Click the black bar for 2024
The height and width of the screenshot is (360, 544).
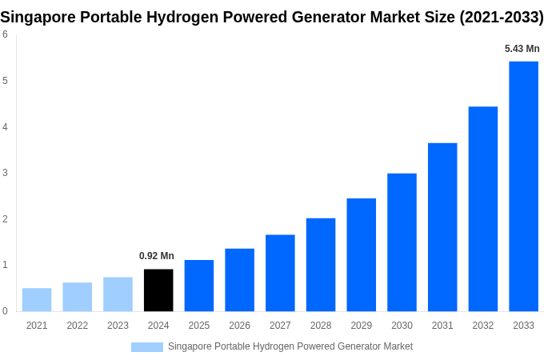pyautogui.click(x=158, y=290)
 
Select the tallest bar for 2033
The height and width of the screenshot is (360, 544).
pyautogui.click(x=523, y=186)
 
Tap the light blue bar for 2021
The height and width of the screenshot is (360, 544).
pyautogui.click(x=37, y=300)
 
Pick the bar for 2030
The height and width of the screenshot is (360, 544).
pyautogui.click(x=402, y=242)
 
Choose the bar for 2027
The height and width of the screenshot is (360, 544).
pyautogui.click(x=280, y=273)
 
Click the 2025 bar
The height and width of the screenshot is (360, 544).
pyautogui.click(x=199, y=286)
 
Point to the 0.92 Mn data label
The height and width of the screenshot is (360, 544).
pyautogui.click(x=157, y=256)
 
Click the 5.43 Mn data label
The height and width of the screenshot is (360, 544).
pyautogui.click(x=522, y=49)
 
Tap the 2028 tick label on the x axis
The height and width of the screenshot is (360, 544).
pyautogui.click(x=321, y=326)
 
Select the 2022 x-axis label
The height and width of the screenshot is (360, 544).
pyautogui.click(x=78, y=326)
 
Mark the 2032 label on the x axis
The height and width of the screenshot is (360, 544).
pyautogui.click(x=483, y=326)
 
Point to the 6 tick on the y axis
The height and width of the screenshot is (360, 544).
pyautogui.click(x=5, y=34)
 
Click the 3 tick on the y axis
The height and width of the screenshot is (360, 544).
pyautogui.click(x=5, y=173)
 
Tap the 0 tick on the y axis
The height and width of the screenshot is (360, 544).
pyautogui.click(x=5, y=311)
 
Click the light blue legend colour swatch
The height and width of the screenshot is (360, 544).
pyautogui.click(x=147, y=347)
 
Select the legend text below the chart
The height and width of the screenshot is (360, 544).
pyautogui.click(x=290, y=346)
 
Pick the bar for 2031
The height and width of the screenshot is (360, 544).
pyautogui.click(x=442, y=227)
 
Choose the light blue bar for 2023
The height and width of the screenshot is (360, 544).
pyautogui.click(x=118, y=294)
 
